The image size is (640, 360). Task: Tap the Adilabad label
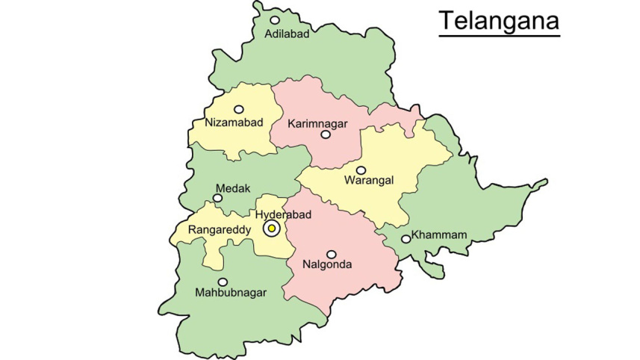click(x=288, y=34)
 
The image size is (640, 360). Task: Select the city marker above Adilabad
click(x=275, y=20)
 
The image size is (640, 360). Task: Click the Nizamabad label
click(x=234, y=122)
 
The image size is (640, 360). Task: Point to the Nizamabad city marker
click(x=238, y=109)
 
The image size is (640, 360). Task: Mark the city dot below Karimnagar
click(x=325, y=135)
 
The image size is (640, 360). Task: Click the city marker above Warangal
click(x=361, y=170)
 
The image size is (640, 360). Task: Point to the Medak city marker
click(x=217, y=199)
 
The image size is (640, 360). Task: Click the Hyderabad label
click(x=283, y=214)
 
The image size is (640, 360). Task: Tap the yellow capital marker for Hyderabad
click(x=272, y=229)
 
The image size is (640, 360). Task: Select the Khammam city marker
click(x=406, y=239)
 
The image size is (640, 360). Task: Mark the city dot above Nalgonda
click(x=331, y=254)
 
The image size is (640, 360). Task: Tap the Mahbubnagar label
click(x=230, y=292)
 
